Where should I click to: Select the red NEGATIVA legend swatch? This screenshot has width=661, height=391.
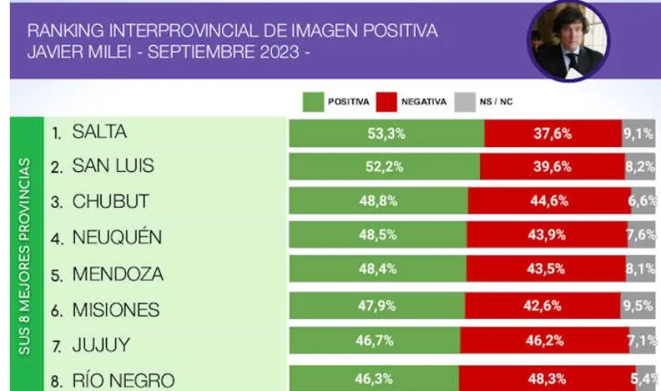point(387,102)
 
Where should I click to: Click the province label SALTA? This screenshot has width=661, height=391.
point(99,133)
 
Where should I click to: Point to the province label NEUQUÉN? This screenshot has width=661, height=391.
point(117,237)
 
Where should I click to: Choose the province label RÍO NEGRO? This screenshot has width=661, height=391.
point(124,380)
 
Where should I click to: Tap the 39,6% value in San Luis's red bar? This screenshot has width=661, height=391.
point(552,167)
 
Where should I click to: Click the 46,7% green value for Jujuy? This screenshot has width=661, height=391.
point(374,341)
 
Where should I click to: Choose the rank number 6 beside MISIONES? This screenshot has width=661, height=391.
point(56,311)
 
